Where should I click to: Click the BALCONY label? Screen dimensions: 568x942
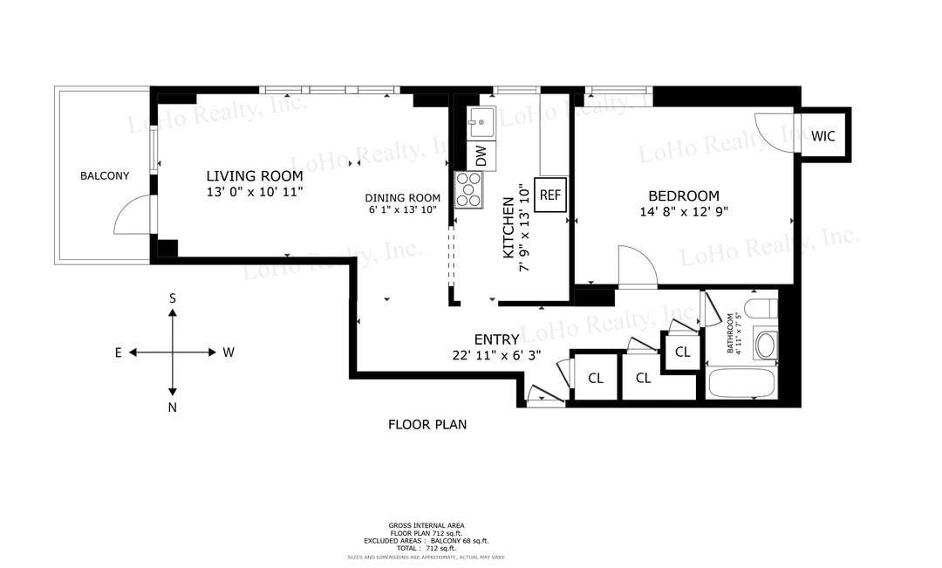[104, 176]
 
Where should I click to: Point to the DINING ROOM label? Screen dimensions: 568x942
[402, 198]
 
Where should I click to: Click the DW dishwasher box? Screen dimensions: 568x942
[481, 155]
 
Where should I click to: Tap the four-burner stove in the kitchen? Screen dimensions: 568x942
[469, 190]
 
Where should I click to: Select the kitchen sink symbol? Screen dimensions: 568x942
[481, 121]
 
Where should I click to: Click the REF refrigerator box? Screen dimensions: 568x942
[549, 195]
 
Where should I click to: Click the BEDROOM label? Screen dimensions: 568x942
[683, 196]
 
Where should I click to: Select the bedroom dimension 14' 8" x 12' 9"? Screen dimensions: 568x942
[683, 212]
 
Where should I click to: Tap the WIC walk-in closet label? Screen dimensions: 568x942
[823, 136]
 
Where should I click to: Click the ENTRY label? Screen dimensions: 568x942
[496, 339]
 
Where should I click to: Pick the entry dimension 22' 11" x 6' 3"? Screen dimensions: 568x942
[496, 355]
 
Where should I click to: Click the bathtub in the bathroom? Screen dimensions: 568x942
[741, 383]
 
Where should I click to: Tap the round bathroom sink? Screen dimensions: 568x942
[765, 344]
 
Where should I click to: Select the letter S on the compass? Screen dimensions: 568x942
[173, 298]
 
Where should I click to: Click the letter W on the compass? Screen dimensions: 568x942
[229, 352]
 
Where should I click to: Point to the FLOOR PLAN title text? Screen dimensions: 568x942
[427, 425]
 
